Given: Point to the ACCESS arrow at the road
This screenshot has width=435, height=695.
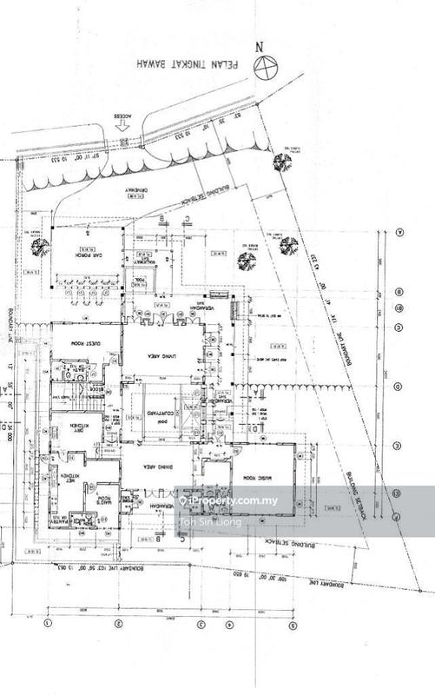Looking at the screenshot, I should click(x=122, y=125).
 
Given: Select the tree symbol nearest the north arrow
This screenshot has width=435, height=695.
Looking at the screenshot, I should click(x=280, y=162).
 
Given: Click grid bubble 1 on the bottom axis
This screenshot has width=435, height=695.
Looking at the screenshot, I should click(x=49, y=623).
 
